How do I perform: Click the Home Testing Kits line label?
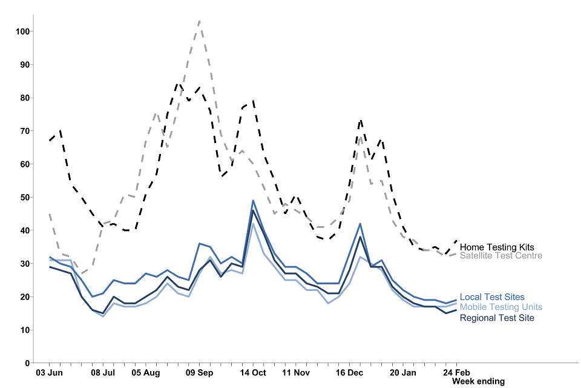click(496, 247)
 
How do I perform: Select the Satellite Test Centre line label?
click(501, 256)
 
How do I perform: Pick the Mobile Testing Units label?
click(501, 307)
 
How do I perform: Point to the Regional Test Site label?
click(496, 318)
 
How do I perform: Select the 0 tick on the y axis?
click(27, 363)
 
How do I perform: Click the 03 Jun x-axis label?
click(49, 372)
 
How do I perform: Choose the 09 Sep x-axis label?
click(199, 372)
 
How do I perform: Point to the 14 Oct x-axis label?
click(253, 372)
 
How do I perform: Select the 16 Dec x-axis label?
click(349, 372)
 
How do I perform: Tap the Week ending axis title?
click(478, 381)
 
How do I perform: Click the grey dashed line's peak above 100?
click(199, 21)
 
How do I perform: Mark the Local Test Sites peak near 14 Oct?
click(253, 201)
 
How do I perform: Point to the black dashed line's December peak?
click(361, 120)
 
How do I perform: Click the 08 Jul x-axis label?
click(103, 372)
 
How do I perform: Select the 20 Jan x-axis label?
click(403, 372)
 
